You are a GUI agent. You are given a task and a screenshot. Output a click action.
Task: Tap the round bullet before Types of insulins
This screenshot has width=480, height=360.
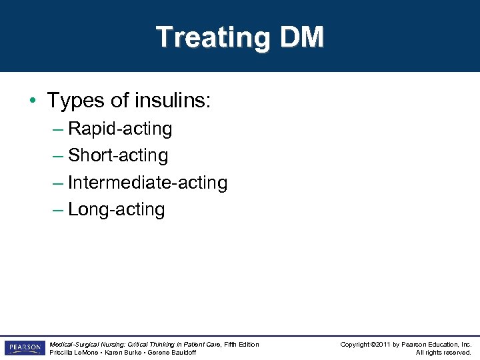[x=32, y=101]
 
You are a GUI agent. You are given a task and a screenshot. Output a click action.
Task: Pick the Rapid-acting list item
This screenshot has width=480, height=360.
[x=120, y=129]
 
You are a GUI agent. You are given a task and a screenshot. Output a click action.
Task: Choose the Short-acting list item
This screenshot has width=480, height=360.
[x=118, y=155]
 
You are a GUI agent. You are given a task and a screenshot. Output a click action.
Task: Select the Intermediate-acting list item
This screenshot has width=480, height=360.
[x=147, y=182]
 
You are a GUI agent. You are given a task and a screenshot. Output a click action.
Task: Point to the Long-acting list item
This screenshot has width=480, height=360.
[x=116, y=209]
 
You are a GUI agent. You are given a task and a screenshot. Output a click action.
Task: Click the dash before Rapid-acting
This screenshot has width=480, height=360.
[x=57, y=129]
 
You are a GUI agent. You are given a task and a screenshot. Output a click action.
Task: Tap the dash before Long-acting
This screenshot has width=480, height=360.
[x=57, y=209]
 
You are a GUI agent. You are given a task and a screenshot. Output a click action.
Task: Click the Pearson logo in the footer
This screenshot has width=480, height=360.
[x=24, y=348]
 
